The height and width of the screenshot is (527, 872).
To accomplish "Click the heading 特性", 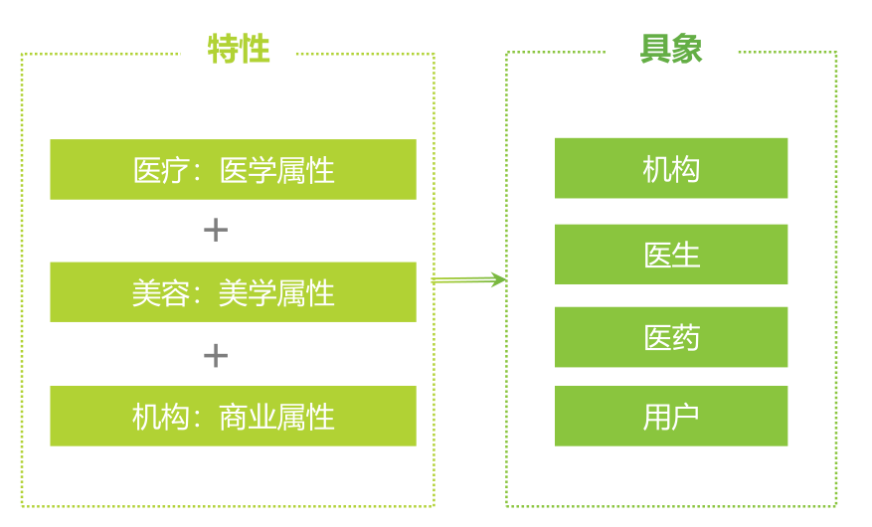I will tap(239, 50).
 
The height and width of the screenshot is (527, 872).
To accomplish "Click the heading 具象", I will tap(670, 49).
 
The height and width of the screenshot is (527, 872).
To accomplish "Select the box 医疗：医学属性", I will tap(233, 170).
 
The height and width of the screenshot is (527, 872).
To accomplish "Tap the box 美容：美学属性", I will tap(233, 292).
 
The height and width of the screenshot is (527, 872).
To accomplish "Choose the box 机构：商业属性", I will tap(233, 416).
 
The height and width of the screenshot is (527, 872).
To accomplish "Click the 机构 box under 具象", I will tap(671, 169).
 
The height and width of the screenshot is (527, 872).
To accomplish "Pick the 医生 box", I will tap(671, 255).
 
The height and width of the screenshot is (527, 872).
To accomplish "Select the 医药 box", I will tap(671, 337).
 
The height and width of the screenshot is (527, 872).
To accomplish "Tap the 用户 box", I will tap(671, 416).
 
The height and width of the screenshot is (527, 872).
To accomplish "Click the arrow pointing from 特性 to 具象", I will tap(469, 280).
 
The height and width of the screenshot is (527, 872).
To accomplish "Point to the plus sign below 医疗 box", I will tap(215, 231).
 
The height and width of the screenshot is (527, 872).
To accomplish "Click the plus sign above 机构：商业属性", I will tap(215, 355).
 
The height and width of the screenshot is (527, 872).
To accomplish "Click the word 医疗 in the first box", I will tap(161, 170).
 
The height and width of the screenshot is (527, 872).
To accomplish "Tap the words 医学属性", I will tap(276, 170).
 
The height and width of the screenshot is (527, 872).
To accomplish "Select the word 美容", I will tap(161, 292).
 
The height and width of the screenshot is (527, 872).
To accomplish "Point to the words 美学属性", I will tap(276, 292).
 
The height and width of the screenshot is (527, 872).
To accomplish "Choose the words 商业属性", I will tap(276, 416).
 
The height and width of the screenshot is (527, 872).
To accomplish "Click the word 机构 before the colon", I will tap(161, 416).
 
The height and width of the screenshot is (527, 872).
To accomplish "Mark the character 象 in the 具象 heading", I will tap(687, 49).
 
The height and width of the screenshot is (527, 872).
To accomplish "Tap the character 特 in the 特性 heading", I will tap(223, 50).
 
